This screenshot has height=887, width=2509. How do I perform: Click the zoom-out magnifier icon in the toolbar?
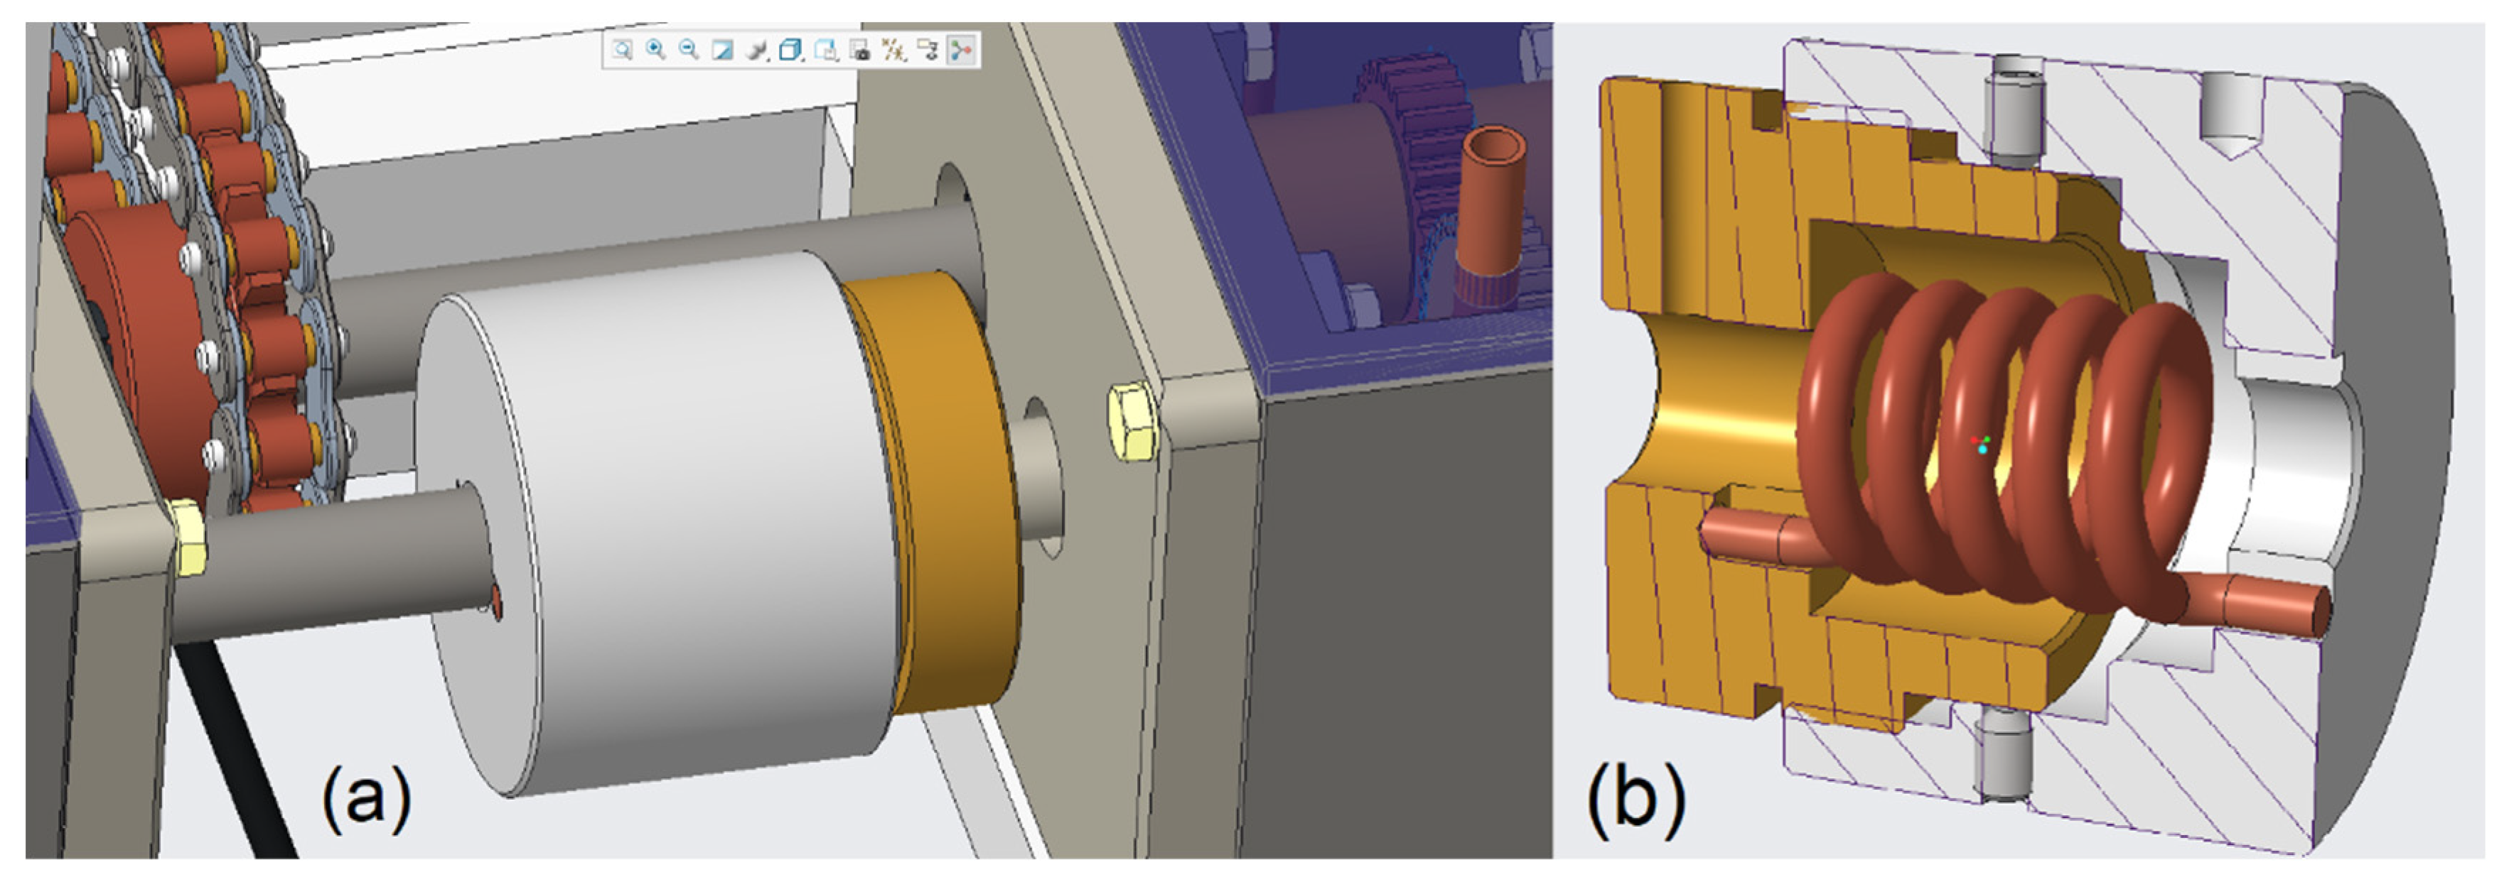point(689,50)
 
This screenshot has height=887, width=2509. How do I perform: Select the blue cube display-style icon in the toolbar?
point(792,50)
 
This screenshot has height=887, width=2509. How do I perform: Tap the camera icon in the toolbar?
point(859,50)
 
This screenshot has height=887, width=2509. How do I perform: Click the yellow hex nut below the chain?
point(187,535)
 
